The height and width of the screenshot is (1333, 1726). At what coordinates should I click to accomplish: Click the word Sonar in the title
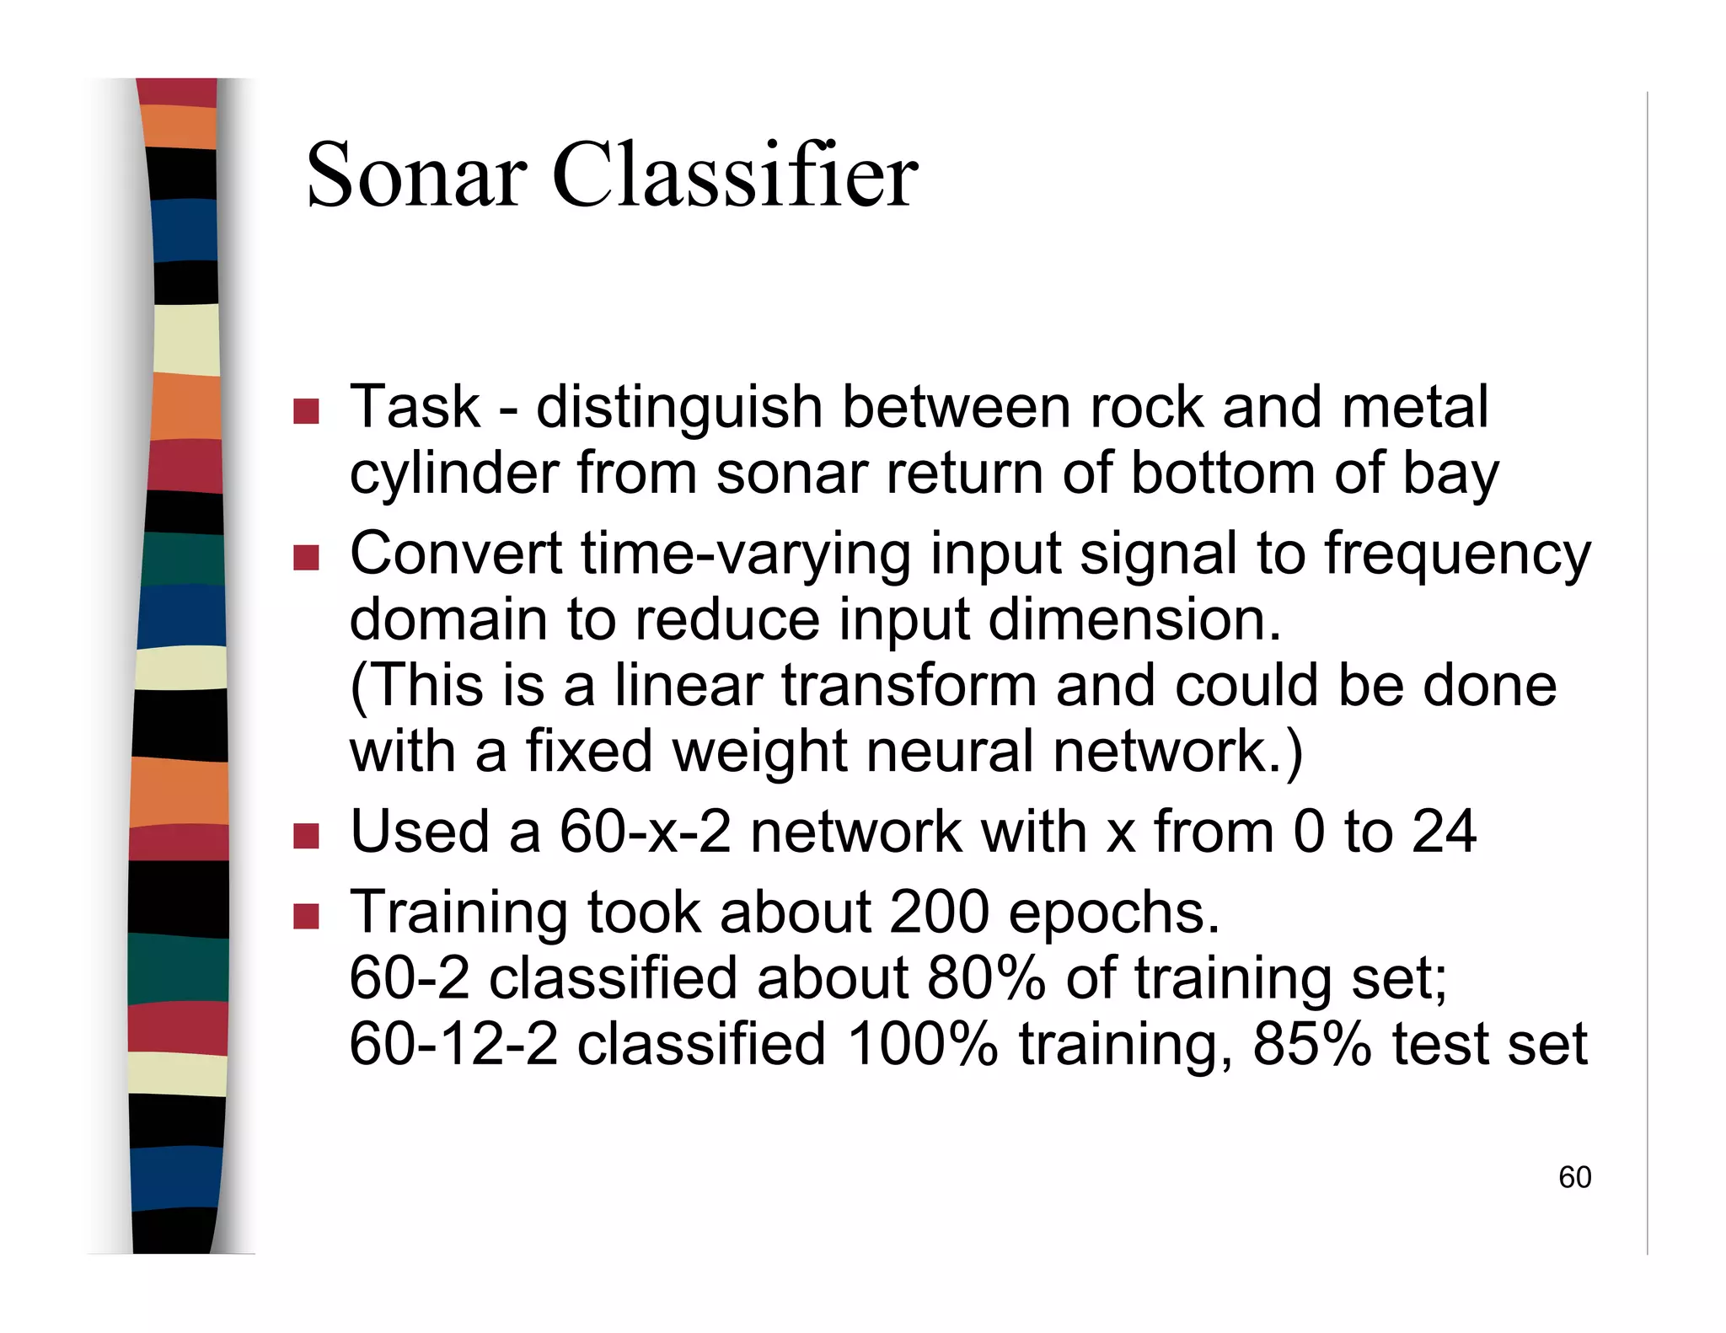[x=416, y=175]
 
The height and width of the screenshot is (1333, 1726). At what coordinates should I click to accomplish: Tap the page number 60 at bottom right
[x=1574, y=1177]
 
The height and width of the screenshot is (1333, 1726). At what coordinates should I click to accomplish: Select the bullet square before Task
[x=306, y=411]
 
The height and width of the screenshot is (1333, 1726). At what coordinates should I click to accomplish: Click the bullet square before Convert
[x=306, y=558]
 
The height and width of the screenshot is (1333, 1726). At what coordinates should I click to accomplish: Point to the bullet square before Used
[x=306, y=836]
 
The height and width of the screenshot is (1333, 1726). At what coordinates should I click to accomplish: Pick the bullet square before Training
[x=306, y=916]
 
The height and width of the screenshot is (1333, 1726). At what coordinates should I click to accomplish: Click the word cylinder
[x=453, y=475]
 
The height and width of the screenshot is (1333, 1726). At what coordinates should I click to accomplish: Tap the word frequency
[x=1456, y=556]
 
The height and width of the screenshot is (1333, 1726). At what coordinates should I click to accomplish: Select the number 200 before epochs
[x=939, y=913]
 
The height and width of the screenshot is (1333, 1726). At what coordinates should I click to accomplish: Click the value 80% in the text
[x=986, y=979]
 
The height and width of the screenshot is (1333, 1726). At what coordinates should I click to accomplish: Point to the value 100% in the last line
[x=922, y=1045]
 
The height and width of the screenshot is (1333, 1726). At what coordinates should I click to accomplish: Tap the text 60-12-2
[x=453, y=1045]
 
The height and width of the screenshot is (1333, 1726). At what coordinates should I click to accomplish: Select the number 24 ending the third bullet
[x=1444, y=832]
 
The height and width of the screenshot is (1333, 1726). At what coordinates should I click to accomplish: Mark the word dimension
[x=1134, y=620]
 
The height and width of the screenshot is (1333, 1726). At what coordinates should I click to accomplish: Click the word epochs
[x=1113, y=915]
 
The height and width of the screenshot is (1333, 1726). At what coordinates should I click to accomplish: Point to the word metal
[x=1415, y=408]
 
